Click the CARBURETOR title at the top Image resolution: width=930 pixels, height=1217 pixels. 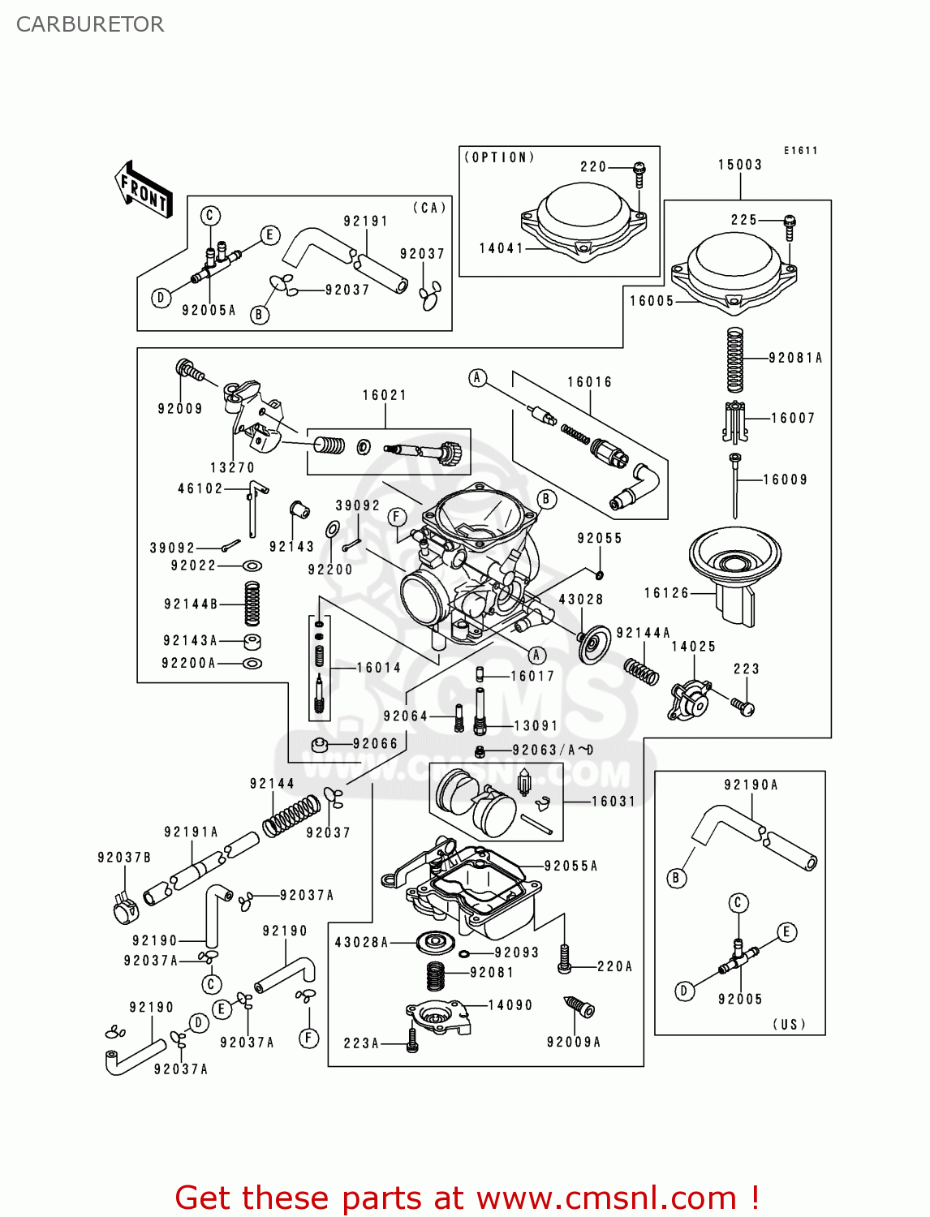89,24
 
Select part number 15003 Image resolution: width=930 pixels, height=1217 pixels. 739,165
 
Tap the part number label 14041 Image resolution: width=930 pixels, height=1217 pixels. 501,248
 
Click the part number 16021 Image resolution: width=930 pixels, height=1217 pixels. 384,395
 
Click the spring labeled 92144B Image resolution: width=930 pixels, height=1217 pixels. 252,604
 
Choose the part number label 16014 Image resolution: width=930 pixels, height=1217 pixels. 378,668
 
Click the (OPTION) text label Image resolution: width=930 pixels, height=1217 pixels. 499,157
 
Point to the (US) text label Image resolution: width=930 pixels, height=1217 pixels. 789,1024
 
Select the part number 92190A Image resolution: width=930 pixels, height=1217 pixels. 751,785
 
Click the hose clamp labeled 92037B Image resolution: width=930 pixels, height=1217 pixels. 126,910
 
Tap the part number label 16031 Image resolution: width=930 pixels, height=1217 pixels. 613,802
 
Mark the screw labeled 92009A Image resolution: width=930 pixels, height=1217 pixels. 579,1008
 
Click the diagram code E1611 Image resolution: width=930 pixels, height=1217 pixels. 800,151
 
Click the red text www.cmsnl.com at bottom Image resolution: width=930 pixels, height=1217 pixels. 605,1198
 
